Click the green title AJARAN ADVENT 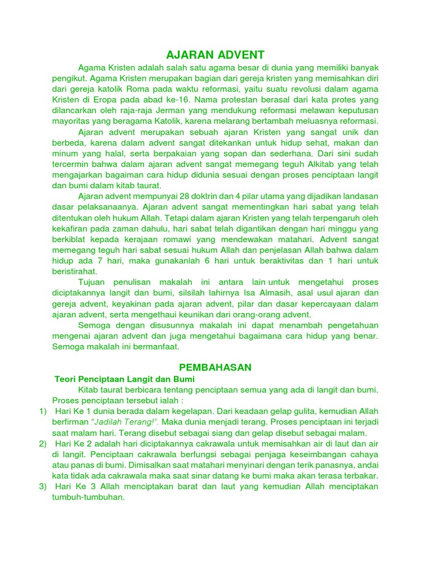click(215, 55)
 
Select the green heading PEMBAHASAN click(215, 367)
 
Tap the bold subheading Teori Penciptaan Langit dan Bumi click(124, 379)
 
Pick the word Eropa click(104, 100)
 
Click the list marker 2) click(43, 443)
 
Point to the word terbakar click(359, 475)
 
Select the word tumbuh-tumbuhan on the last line click(88, 497)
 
